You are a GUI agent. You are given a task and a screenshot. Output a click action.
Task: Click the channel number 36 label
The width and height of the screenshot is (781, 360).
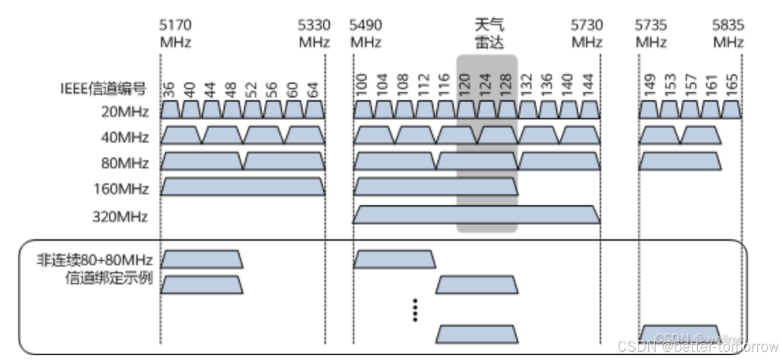pos(170,89)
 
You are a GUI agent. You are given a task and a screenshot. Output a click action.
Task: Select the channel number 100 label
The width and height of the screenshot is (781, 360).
pos(362,85)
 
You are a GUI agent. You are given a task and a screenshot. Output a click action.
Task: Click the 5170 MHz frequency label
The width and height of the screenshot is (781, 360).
pos(176,33)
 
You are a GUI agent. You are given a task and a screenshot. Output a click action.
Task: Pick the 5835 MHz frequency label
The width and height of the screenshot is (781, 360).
pos(728,33)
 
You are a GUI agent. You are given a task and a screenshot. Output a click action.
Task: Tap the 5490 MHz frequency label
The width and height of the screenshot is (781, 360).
pos(366,33)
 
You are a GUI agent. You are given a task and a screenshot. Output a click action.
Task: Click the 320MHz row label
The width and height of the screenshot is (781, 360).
pos(120,217)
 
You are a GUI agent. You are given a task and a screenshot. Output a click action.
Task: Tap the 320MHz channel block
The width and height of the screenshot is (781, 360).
pos(476,214)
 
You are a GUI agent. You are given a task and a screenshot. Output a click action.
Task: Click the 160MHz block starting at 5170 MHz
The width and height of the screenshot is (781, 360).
pos(243,187)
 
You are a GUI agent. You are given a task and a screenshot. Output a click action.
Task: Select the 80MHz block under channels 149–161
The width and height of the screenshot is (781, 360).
pos(679,162)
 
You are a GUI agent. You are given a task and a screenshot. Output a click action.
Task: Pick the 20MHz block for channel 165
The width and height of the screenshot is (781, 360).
pos(731,110)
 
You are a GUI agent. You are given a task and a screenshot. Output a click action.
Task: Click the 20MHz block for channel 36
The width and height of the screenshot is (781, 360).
pos(170,110)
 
